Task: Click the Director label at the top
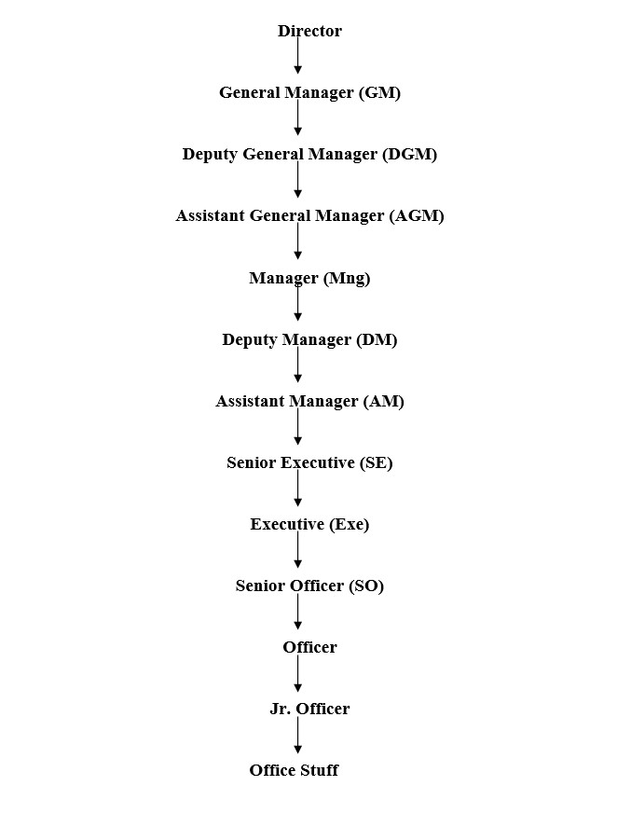click(309, 31)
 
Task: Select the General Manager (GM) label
click(310, 93)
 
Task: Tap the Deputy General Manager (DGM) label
click(310, 155)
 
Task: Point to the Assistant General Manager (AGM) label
click(310, 216)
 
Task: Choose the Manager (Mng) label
click(310, 279)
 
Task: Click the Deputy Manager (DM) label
click(310, 340)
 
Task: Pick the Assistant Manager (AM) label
click(310, 402)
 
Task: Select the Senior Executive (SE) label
click(310, 463)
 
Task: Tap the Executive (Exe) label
click(310, 525)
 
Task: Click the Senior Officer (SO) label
click(310, 586)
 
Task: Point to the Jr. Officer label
click(310, 709)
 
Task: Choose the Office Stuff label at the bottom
click(295, 770)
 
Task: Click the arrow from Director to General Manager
click(298, 54)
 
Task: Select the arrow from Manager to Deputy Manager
click(298, 302)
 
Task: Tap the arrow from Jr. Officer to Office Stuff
click(298, 735)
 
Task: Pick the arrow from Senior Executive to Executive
click(298, 488)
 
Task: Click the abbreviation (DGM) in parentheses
click(409, 155)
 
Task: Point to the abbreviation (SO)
click(366, 586)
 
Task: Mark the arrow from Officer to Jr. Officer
click(298, 673)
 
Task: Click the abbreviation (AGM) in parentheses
click(417, 216)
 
